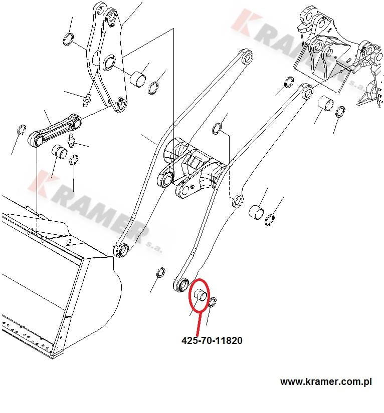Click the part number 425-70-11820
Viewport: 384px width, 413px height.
pyautogui.click(x=212, y=341)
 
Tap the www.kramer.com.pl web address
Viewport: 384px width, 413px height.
pyautogui.click(x=326, y=382)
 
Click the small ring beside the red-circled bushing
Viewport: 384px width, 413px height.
pyautogui.click(x=212, y=301)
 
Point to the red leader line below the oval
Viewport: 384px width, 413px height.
pyautogui.click(x=199, y=323)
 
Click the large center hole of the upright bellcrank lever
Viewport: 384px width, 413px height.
pyautogui.click(x=108, y=63)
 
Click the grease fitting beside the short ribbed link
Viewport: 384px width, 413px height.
pyautogui.click(x=72, y=141)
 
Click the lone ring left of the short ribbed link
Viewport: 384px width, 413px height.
pyautogui.click(x=22, y=130)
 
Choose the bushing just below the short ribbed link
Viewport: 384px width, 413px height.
pyautogui.click(x=59, y=151)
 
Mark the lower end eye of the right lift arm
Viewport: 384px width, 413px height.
pyautogui.click(x=180, y=285)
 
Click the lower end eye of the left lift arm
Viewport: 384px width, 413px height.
pyautogui.click(x=121, y=249)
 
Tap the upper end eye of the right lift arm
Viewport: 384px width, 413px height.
pyautogui.click(x=306, y=91)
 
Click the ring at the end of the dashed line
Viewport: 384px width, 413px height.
pyautogui.click(x=237, y=202)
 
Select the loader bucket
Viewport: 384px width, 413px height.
pyautogui.click(x=55, y=280)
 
